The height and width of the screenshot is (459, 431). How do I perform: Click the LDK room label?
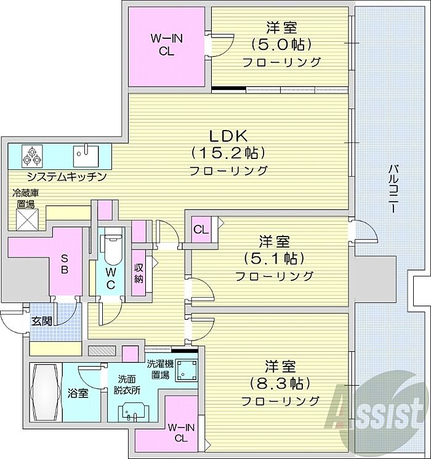tap(228, 136)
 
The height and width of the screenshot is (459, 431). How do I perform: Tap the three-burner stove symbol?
tap(32, 156)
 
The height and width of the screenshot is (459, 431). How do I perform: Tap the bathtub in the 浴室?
tap(46, 392)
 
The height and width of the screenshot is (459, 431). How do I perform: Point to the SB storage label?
tap(65, 264)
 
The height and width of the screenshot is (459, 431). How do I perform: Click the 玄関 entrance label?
tap(42, 321)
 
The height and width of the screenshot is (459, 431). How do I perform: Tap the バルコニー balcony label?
tap(392, 189)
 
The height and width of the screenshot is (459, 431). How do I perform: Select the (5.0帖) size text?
tap(281, 44)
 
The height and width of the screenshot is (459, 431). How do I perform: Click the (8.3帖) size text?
tap(280, 383)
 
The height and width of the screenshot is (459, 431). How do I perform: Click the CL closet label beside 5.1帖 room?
tap(201, 230)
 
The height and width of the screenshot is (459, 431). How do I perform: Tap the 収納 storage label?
tap(139, 273)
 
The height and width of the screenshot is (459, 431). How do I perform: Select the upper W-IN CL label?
tap(166, 45)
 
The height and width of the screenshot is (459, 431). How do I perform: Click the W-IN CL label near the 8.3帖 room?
tap(181, 433)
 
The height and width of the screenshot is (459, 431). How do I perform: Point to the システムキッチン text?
tap(66, 177)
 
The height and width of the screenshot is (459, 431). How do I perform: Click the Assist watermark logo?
tap(377, 410)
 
